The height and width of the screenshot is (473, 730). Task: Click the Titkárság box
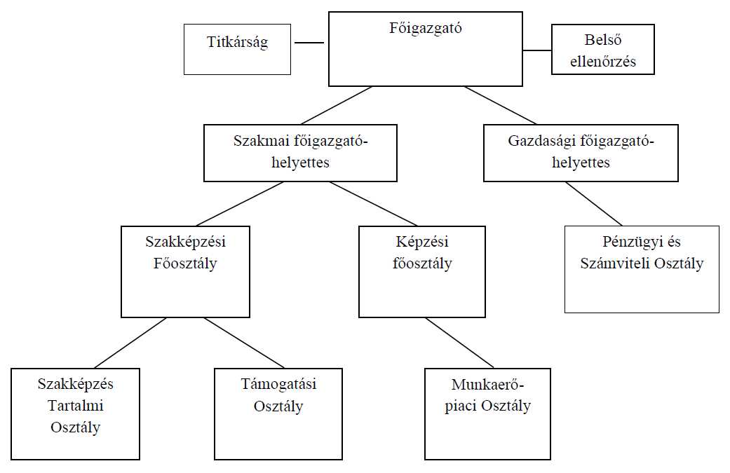pyautogui.click(x=237, y=49)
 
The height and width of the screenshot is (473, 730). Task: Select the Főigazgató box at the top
pyautogui.click(x=425, y=48)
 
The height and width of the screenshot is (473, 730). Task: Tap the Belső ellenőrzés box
pyautogui.click(x=602, y=49)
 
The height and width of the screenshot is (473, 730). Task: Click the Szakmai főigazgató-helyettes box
pyautogui.click(x=300, y=153)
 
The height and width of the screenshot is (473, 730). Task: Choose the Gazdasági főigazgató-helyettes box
pyautogui.click(x=581, y=153)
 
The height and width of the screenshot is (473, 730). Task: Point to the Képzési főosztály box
pyautogui.click(x=421, y=271)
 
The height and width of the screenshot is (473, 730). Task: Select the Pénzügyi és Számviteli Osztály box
pyautogui.click(x=642, y=269)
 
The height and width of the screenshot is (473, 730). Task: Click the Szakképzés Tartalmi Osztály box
pyautogui.click(x=75, y=413)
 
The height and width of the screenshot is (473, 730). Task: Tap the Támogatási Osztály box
pyautogui.click(x=278, y=413)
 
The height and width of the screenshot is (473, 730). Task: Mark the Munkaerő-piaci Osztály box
pyautogui.click(x=487, y=413)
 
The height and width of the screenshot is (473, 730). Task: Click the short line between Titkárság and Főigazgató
pyautogui.click(x=309, y=43)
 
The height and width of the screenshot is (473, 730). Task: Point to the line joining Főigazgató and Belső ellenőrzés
pyautogui.click(x=537, y=50)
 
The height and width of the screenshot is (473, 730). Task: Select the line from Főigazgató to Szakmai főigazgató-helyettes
pyautogui.click(x=337, y=105)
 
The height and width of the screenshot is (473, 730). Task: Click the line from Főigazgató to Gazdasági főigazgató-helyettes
pyautogui.click(x=500, y=105)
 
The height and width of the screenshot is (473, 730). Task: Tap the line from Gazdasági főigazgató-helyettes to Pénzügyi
pyautogui.click(x=594, y=203)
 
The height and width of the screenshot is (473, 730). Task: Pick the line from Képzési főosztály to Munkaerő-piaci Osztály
pyautogui.click(x=459, y=343)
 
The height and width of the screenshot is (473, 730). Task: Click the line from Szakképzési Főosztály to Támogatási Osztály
pyautogui.click(x=244, y=343)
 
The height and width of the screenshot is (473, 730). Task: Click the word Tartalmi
pyautogui.click(x=75, y=406)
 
